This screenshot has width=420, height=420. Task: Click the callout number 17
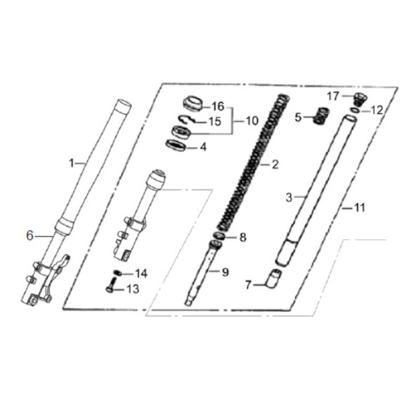[x=333, y=96]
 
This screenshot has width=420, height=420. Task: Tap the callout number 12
[x=377, y=110]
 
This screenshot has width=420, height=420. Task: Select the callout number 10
[x=252, y=121]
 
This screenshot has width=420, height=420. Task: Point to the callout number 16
[x=218, y=107]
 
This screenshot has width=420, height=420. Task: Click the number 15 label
[x=215, y=122]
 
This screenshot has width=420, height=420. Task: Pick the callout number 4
[x=204, y=147]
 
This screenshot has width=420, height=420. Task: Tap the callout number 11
[x=360, y=207]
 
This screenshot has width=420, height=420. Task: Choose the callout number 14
[x=141, y=274]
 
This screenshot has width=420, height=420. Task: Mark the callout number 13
[x=133, y=289]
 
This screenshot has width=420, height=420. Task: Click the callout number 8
[x=243, y=237]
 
